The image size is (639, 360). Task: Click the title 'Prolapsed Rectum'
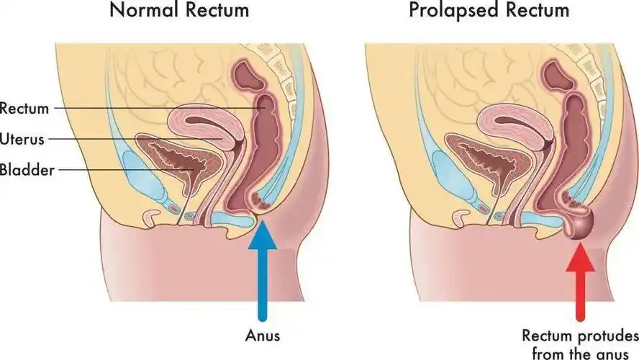(x=489, y=12)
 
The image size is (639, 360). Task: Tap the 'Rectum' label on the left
(x=24, y=109)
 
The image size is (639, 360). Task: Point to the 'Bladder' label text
(x=26, y=170)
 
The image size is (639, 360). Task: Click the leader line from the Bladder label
(x=108, y=170)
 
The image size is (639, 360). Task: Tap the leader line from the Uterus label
(x=108, y=138)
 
